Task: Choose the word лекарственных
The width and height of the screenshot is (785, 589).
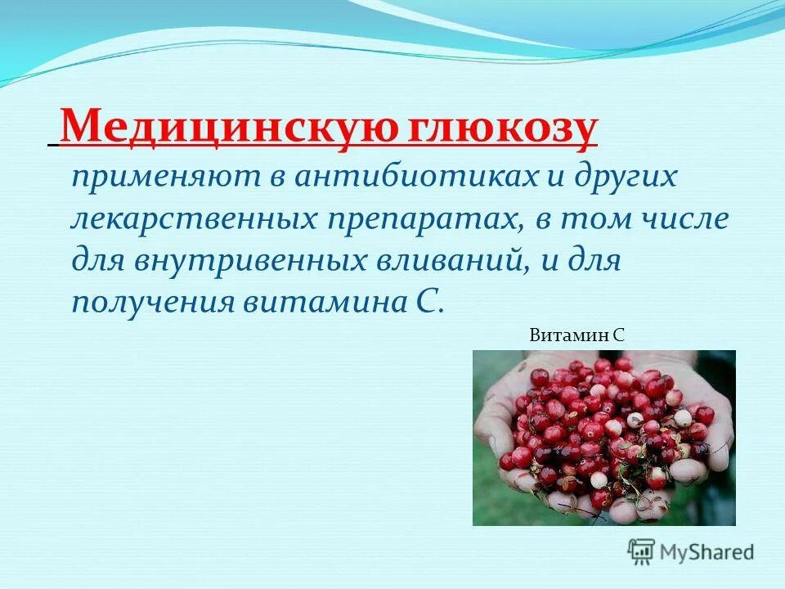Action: coord(195,218)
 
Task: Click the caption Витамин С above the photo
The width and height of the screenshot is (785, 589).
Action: coord(577,334)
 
